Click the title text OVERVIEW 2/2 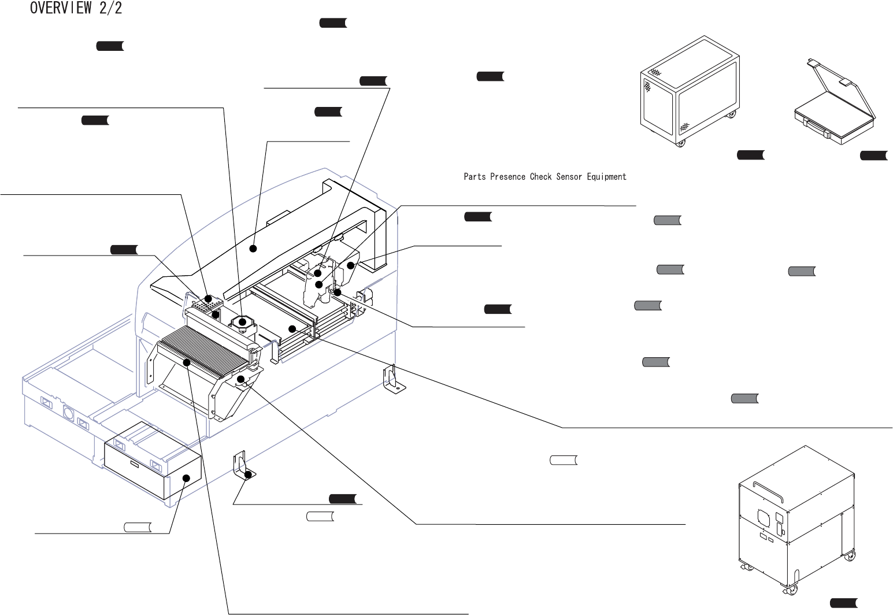(x=76, y=8)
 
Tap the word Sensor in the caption (x=569, y=176)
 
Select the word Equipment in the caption (x=606, y=177)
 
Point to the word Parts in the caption (x=475, y=176)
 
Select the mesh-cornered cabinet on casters (x=690, y=91)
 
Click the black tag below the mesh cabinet (x=751, y=155)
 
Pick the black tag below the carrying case (x=874, y=155)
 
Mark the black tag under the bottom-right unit (x=843, y=603)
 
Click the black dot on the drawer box (x=186, y=478)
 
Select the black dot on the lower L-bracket (x=249, y=475)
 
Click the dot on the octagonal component (x=242, y=321)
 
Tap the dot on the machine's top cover (x=253, y=249)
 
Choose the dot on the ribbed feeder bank (x=186, y=362)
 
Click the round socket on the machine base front (x=68, y=415)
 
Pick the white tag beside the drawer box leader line (x=138, y=527)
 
